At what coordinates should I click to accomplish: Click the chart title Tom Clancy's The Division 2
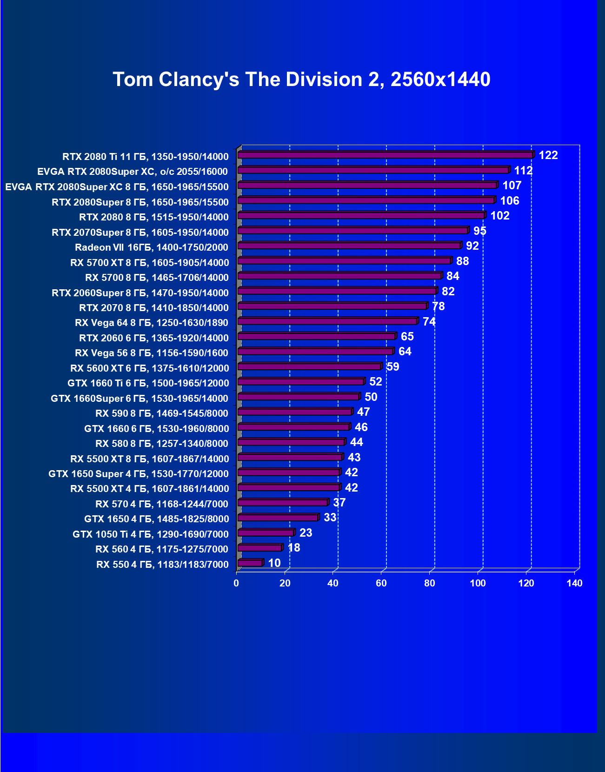point(301,80)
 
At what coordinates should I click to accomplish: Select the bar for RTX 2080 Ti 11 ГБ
point(385,155)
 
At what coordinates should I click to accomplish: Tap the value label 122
point(548,155)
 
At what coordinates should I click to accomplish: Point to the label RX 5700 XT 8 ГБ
point(150,263)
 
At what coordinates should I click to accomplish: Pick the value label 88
point(462,261)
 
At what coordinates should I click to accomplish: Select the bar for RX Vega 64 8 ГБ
point(327,321)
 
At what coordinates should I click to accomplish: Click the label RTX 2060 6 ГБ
point(154,338)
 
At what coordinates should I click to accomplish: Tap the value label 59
point(392,367)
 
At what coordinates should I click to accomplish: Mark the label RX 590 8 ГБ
point(162,413)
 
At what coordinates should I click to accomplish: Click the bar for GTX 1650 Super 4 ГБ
point(289,473)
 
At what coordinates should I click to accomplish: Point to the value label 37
point(339,503)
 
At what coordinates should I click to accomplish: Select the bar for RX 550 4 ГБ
point(250,563)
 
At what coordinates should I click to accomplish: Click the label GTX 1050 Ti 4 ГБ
point(151,534)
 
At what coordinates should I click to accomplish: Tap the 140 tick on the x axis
point(574,583)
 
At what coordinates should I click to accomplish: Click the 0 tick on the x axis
point(237,583)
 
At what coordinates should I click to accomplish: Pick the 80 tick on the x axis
point(430,583)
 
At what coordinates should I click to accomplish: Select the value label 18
point(294,548)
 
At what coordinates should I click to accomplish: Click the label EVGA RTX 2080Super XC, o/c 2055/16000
point(133,172)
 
